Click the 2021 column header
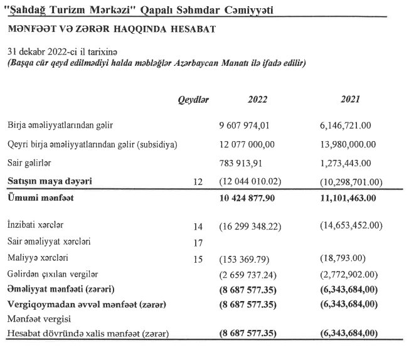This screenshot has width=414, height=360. pyautogui.click(x=350, y=99)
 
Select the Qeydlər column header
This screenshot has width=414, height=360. pyautogui.click(x=194, y=99)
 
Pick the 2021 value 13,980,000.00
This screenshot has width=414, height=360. pyautogui.click(x=348, y=144)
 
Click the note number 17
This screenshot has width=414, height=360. pyautogui.click(x=198, y=241)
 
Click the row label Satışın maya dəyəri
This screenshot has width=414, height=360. pyautogui.click(x=50, y=181)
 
